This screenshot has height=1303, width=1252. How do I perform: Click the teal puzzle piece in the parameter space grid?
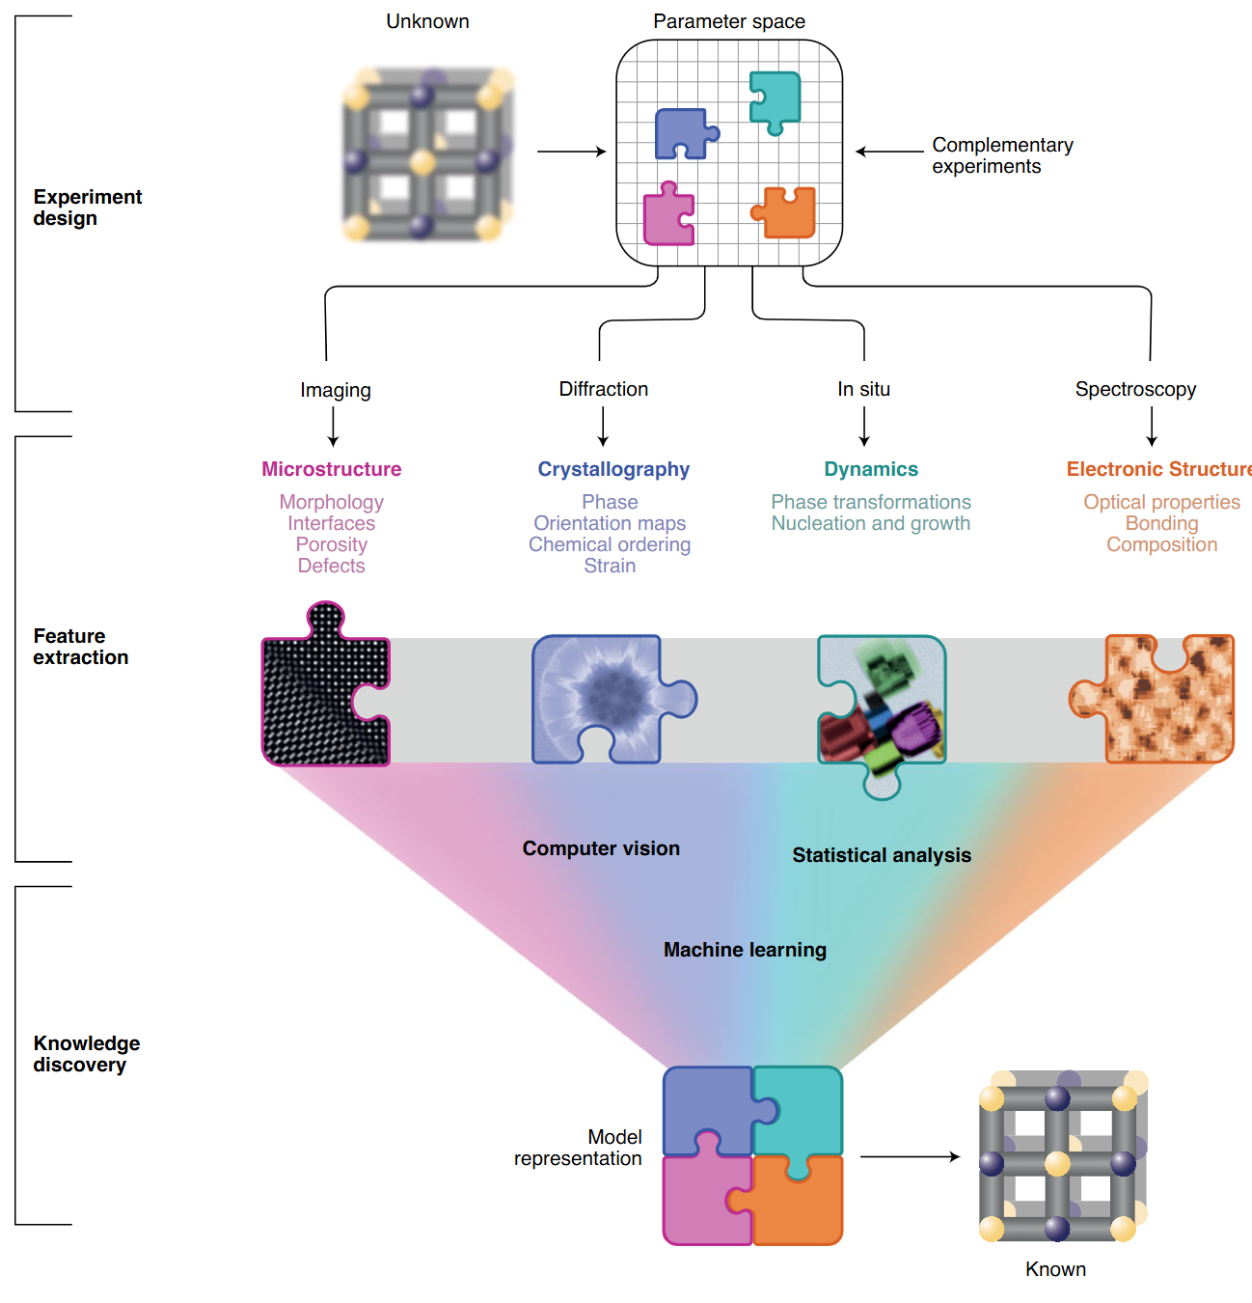click(x=776, y=99)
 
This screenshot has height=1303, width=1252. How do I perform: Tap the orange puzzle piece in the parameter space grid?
click(x=787, y=213)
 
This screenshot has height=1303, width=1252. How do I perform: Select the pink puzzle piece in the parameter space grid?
click(x=667, y=215)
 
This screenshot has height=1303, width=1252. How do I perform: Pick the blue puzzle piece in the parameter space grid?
click(x=683, y=133)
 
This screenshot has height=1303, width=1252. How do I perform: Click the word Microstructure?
click(x=331, y=469)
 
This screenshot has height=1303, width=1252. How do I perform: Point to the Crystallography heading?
click(x=613, y=469)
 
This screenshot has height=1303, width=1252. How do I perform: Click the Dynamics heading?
click(x=870, y=469)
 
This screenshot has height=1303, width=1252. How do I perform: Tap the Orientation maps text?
click(x=610, y=523)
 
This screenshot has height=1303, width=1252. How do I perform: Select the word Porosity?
click(x=331, y=544)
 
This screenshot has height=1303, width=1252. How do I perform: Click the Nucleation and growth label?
click(x=870, y=523)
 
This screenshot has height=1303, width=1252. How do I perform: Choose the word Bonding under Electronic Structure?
click(x=1161, y=523)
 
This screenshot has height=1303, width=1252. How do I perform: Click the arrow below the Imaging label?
click(x=334, y=427)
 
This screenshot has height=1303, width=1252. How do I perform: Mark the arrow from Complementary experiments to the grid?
click(x=889, y=152)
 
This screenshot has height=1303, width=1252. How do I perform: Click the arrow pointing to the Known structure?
click(x=910, y=1156)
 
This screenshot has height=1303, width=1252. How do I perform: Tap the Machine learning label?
click(x=745, y=950)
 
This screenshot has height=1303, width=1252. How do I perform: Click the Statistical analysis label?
click(x=881, y=855)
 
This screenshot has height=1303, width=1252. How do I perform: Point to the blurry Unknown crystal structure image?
click(x=427, y=154)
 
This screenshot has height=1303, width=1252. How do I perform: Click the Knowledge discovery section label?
click(x=86, y=1054)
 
